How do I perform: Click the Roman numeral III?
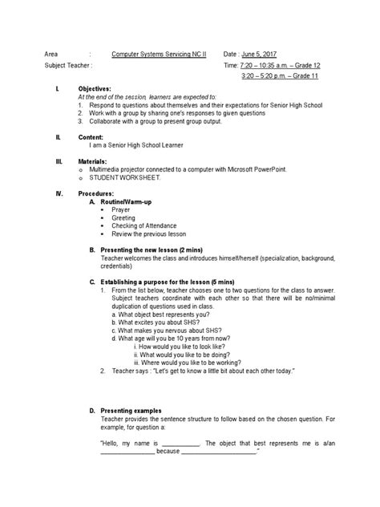coord(58,161)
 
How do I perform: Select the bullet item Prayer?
coord(121,209)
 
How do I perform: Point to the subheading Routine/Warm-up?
coord(121,201)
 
